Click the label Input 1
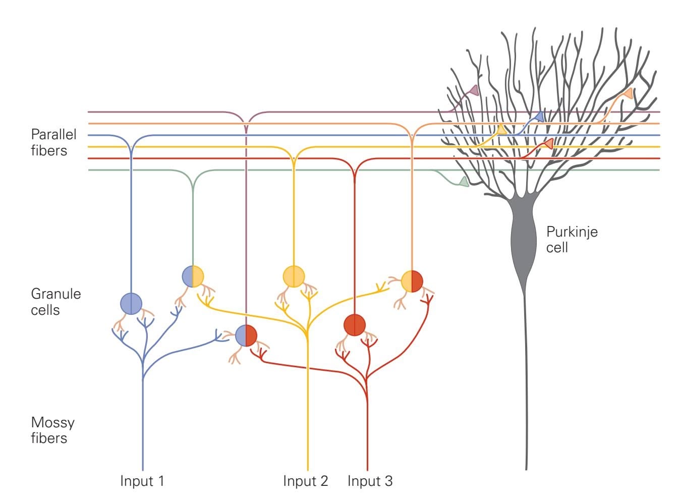click(x=142, y=481)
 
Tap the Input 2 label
click(x=305, y=481)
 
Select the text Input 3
click(x=370, y=481)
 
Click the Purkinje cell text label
click(x=572, y=239)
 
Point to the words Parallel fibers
click(x=53, y=142)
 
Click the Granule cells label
click(x=55, y=302)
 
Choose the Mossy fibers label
click(x=52, y=430)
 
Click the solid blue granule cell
click(x=131, y=303)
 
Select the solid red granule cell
click(x=355, y=324)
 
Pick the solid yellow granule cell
click(x=294, y=276)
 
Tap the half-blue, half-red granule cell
click(x=246, y=336)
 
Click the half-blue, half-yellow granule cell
click(x=193, y=276)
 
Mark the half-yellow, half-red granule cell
click(x=412, y=281)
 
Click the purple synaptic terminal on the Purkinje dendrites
click(x=474, y=91)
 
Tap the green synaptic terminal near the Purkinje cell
click(x=463, y=182)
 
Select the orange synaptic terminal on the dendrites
click(x=628, y=94)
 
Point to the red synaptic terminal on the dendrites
click(x=548, y=144)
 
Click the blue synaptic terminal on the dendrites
click(x=539, y=117)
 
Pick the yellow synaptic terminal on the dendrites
click(x=501, y=130)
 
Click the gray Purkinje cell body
click(x=525, y=237)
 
